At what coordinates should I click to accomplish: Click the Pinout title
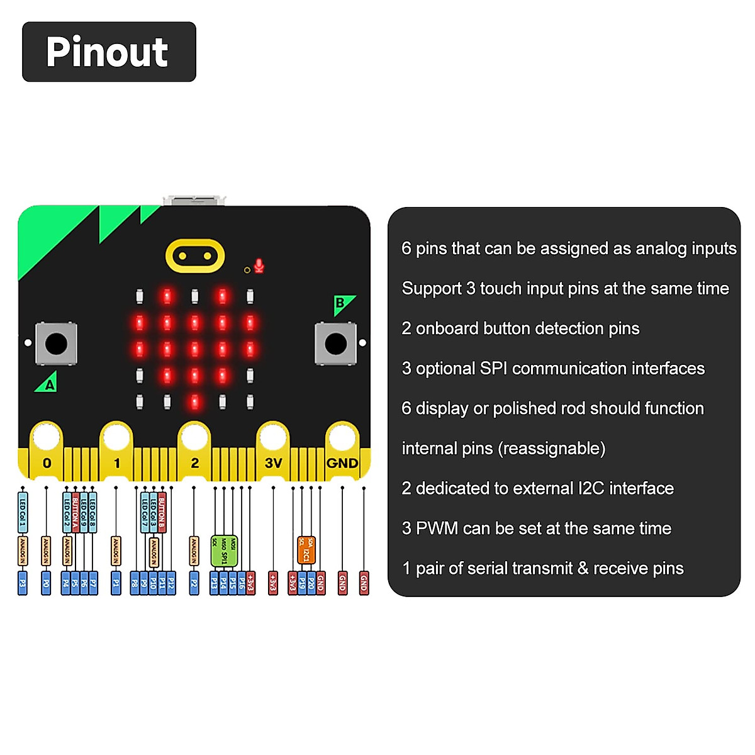pyautogui.click(x=108, y=52)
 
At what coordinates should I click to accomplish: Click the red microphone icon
pyautogui.click(x=259, y=266)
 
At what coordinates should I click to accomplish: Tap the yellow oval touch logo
pyautogui.click(x=195, y=255)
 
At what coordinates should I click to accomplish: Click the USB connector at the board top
pyautogui.click(x=194, y=200)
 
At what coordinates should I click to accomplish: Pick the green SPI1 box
pyautogui.click(x=224, y=551)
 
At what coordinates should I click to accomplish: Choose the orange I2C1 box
pyautogui.click(x=306, y=549)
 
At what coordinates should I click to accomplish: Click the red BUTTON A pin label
pyautogui.click(x=75, y=512)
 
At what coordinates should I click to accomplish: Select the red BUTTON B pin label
pyautogui.click(x=162, y=512)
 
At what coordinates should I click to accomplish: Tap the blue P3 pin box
pyautogui.click(x=23, y=583)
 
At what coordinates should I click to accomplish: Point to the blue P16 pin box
pyautogui.click(x=242, y=583)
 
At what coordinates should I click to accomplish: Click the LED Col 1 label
pyautogui.click(x=23, y=511)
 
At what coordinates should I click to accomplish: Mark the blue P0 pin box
pyautogui.click(x=46, y=583)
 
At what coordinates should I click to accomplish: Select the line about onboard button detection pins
pyautogui.click(x=520, y=328)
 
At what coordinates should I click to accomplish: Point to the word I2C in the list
pyautogui.click(x=591, y=489)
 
